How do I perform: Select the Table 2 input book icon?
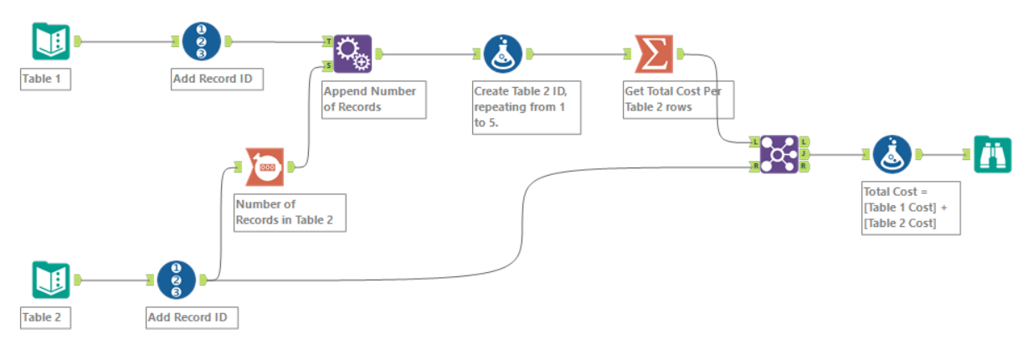tap(51, 280)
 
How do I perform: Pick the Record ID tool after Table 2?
tap(177, 280)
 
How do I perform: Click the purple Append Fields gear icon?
tap(352, 54)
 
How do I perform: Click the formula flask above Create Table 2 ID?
tap(502, 54)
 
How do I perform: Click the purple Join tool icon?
tap(779, 154)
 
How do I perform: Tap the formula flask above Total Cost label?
tap(892, 154)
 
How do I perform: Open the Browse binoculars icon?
tap(992, 154)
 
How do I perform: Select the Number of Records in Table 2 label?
tap(290, 213)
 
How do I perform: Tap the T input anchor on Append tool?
tap(327, 41)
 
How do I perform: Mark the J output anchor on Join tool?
tap(805, 154)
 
